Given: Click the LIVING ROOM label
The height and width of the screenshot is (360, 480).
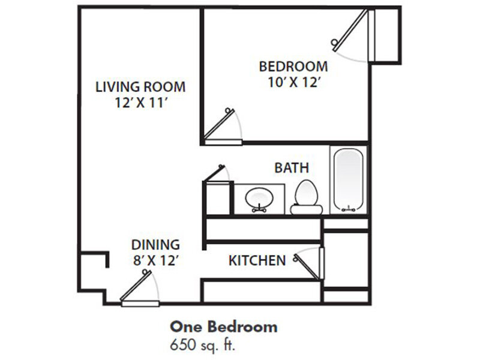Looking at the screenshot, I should tap(140, 86).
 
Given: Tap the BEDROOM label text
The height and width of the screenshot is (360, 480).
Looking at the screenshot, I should tap(293, 66).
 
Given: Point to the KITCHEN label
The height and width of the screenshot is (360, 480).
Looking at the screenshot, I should tap(256, 260).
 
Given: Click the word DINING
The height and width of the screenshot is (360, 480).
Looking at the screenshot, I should tap(156, 245).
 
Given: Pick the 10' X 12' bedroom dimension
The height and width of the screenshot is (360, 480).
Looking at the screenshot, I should tap(293, 82).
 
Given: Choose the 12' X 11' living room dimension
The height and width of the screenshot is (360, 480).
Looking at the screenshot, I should tap(140, 103).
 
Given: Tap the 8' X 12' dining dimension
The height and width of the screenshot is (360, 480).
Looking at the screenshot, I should tap(156, 261).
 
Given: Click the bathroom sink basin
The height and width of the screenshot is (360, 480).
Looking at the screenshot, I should tap(259, 196).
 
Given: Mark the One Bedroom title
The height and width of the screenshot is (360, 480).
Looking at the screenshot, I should tap(224, 327).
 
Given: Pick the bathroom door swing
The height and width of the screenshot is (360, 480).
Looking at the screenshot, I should tap(217, 173).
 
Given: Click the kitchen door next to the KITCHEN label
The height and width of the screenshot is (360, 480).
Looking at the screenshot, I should tap(310, 265).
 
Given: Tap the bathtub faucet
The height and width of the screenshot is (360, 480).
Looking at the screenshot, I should tap(348, 209).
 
